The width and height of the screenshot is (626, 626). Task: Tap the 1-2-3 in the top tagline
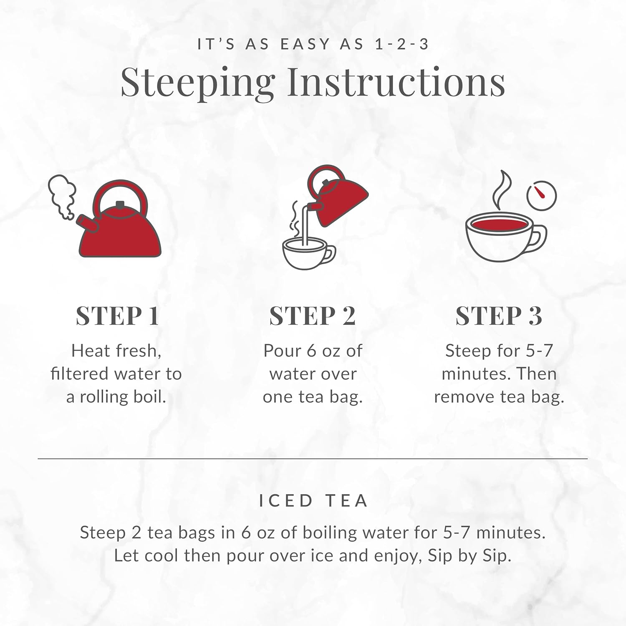pyautogui.click(x=402, y=44)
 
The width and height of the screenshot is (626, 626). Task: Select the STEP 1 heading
pyautogui.click(x=118, y=316)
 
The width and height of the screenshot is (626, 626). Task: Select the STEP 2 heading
pyautogui.click(x=312, y=316)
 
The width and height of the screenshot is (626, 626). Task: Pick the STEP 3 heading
pyautogui.click(x=499, y=316)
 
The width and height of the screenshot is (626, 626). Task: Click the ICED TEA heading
pyautogui.click(x=313, y=500)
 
